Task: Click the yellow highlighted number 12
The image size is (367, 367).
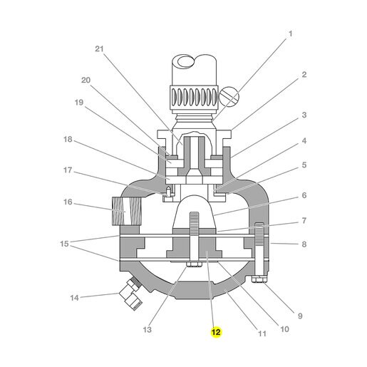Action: tap(216, 332)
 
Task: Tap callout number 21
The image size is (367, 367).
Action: tap(100, 48)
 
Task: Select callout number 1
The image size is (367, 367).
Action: tap(290, 33)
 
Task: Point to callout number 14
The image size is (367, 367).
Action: tap(74, 298)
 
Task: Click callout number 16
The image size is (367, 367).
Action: tap(68, 202)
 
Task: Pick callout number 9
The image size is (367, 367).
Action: tap(300, 316)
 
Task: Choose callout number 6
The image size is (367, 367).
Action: tap(304, 195)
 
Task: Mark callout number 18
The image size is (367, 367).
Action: tap(68, 139)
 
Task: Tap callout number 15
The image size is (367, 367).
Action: tap(64, 244)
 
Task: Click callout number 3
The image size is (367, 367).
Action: tap(304, 115)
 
